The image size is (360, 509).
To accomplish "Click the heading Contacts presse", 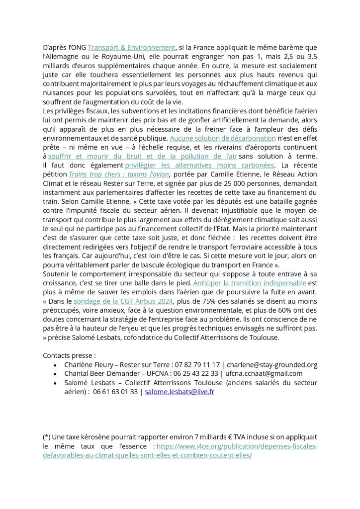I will click(x=69, y=355).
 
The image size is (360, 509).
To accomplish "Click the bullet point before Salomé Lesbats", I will click(x=54, y=383).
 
